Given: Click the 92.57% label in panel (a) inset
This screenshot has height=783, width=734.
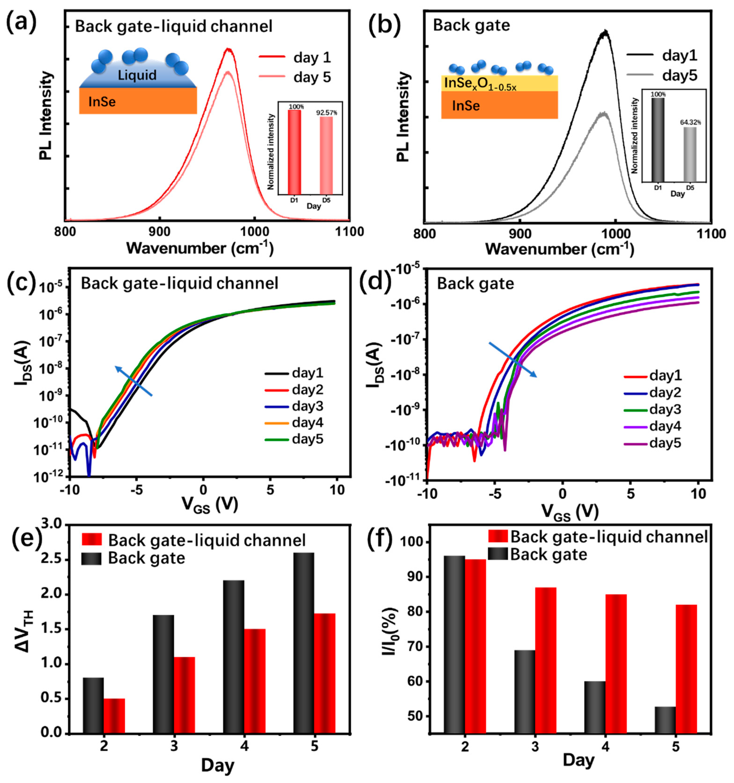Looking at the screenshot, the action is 327,113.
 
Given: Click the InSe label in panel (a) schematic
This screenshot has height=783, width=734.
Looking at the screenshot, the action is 102,102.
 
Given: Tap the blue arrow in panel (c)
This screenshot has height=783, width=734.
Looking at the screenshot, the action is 134,381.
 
